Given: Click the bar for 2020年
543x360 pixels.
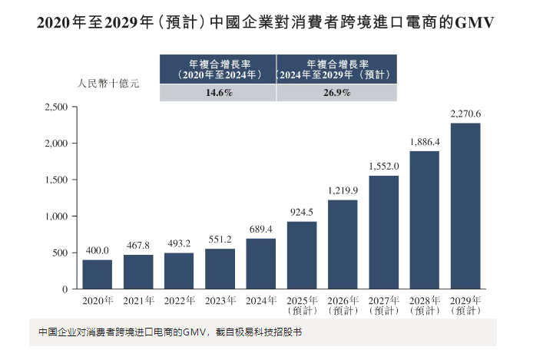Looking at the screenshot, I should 98,274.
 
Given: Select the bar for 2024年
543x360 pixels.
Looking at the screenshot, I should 261,263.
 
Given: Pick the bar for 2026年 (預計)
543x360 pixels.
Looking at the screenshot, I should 343,244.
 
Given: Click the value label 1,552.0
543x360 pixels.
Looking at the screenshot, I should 383,165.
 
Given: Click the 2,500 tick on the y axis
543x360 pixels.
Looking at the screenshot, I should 56,107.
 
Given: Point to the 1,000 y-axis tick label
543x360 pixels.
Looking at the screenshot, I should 56,216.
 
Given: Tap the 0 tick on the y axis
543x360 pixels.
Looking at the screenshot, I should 65,289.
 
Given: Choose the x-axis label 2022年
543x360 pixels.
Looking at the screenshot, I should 179,300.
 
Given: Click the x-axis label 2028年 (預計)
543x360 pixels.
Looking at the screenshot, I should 424,306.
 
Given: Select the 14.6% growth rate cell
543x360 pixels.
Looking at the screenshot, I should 218,93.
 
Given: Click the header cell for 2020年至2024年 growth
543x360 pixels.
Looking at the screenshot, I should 218,70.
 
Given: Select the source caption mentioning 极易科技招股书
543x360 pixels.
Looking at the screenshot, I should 171,333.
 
